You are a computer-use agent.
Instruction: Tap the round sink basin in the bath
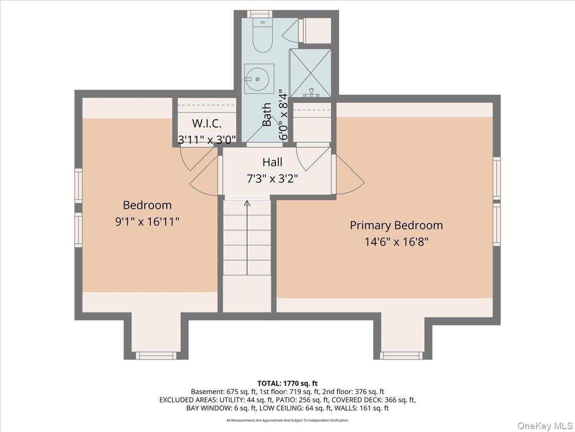pos(258,79)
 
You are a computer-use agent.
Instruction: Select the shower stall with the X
pos(310,73)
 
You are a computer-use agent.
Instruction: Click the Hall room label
pos(273,162)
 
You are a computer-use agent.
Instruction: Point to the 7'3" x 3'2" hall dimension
pos(273,179)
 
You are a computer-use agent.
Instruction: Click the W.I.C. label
pos(207,123)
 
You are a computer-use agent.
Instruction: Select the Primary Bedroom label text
pos(396,225)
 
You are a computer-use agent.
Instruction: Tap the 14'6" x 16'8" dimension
pos(396,241)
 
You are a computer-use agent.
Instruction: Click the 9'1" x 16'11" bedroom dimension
pos(147,222)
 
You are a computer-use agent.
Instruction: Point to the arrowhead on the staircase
pos(247,203)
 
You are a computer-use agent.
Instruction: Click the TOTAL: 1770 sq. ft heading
pos(287,384)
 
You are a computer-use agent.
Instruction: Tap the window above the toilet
pos(260,14)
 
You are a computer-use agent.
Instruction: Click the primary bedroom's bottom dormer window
pos(401,356)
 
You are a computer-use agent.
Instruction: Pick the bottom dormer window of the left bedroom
pos(156,356)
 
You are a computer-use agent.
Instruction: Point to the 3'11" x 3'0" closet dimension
pos(207,140)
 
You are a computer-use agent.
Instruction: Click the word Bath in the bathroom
pos(267,114)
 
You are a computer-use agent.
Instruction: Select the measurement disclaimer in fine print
pos(287,420)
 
